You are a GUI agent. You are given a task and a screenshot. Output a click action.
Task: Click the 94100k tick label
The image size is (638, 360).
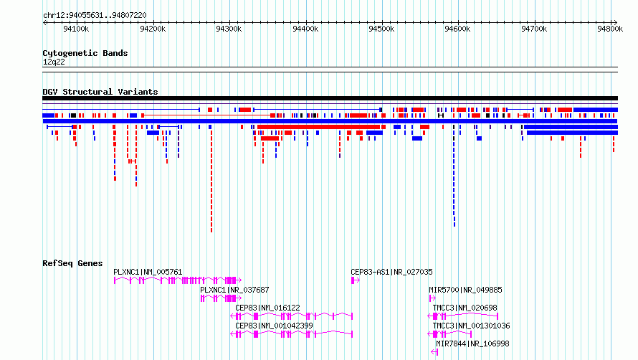click(76, 29)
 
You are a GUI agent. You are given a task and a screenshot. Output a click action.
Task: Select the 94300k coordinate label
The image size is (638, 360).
click(229, 29)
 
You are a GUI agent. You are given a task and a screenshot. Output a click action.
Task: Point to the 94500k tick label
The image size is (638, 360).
click(381, 29)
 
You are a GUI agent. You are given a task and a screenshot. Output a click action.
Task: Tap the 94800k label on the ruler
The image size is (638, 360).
click(610, 29)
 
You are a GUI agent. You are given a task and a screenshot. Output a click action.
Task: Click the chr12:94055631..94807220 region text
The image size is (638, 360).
click(95, 16)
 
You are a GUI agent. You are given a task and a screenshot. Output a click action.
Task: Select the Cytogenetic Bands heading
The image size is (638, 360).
click(85, 53)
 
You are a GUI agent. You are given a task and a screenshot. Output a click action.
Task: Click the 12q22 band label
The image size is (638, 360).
click(54, 62)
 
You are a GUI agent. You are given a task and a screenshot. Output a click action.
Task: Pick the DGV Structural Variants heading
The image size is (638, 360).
click(100, 92)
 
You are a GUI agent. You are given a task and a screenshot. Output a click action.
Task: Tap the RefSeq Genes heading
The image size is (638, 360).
click(72, 263)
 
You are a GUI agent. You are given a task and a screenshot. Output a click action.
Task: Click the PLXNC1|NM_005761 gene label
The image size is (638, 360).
click(148, 272)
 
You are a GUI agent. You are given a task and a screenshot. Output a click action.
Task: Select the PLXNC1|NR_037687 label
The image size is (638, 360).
click(234, 290)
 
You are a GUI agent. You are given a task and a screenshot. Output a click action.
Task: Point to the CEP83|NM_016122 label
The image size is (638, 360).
click(267, 308)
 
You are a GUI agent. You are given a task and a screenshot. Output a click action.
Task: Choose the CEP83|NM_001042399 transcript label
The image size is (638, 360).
click(274, 326)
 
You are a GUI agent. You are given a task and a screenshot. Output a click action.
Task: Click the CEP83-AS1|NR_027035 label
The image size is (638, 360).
click(391, 272)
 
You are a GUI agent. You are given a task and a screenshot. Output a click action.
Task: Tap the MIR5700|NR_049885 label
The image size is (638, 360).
click(465, 290)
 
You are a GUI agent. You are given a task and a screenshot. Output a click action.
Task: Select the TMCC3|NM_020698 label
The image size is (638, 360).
click(465, 308)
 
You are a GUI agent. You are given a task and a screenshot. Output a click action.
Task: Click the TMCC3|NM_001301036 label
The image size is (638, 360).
click(471, 326)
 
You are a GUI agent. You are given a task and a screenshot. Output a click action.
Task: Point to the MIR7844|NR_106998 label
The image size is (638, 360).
click(472, 344)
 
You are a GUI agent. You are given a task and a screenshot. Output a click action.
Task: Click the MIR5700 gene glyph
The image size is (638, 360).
click(432, 298)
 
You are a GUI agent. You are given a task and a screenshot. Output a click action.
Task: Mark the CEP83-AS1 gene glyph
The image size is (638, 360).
click(356, 280)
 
